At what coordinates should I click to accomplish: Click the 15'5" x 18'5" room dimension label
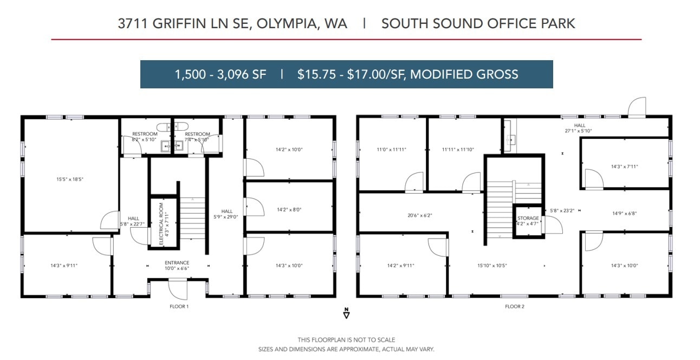point(70,179)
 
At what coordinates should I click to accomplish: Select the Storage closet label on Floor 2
point(528,220)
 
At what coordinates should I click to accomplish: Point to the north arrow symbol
point(346,313)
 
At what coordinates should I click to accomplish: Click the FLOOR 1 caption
point(179,307)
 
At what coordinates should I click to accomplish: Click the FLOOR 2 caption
point(514,307)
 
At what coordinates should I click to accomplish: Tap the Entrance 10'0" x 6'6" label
point(177,265)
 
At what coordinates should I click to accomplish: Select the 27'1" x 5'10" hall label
point(579,128)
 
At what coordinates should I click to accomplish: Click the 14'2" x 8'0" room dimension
point(289,209)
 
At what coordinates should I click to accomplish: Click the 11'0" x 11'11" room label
point(391,150)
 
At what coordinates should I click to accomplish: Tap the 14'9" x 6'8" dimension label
point(624,214)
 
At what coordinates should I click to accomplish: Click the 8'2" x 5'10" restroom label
point(145,137)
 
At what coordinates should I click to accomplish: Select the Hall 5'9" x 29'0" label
point(226,214)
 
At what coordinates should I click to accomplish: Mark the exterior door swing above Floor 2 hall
point(638,107)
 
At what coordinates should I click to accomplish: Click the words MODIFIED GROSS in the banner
point(464,74)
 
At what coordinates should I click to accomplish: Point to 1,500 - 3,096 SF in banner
point(221,74)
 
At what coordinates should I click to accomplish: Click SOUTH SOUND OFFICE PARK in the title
point(478,23)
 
